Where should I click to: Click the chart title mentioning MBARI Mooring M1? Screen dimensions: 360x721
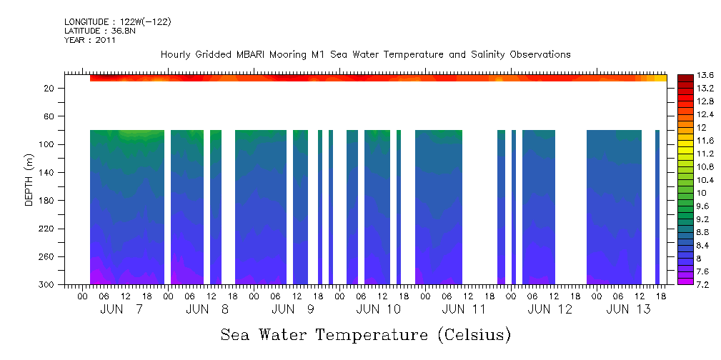tap(365, 54)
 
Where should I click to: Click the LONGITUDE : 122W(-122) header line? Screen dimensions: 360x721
tap(117, 22)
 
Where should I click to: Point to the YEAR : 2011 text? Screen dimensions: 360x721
tap(89, 40)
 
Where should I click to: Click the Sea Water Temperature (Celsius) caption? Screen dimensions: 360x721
tap(365, 334)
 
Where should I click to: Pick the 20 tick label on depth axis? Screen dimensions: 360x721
tap(49, 89)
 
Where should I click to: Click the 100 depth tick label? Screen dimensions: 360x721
tap(47, 144)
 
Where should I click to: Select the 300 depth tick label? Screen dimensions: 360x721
tap(47, 285)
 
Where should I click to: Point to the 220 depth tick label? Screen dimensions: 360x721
tap(47, 229)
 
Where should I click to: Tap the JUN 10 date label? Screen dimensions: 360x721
tap(378, 309)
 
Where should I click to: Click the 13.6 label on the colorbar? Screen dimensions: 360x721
tap(706, 75)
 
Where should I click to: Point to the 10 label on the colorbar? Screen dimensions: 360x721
tap(702, 193)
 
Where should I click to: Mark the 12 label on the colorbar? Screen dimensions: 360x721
tap(702, 127)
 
